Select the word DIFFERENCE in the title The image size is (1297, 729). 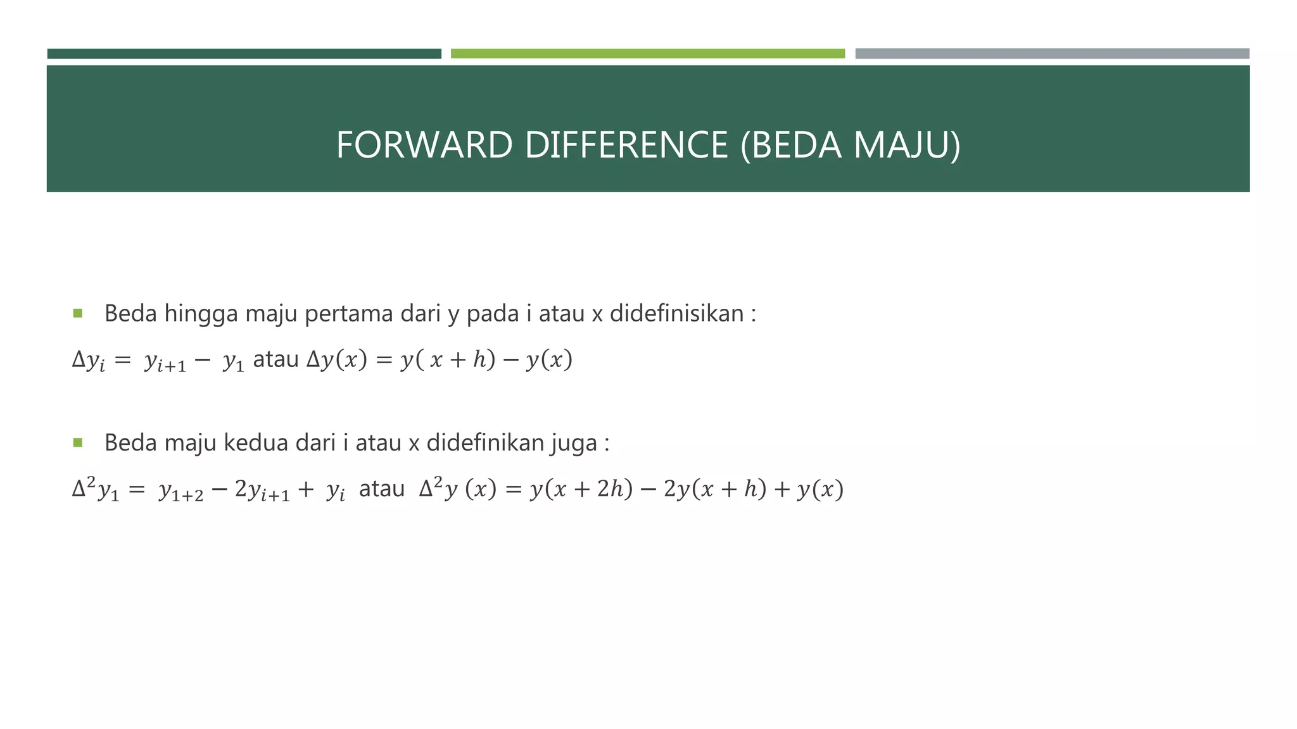(626, 145)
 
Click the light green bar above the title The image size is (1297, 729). (647, 54)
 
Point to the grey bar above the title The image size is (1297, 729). (1052, 54)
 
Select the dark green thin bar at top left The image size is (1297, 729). (244, 54)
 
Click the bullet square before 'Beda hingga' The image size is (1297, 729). (78, 313)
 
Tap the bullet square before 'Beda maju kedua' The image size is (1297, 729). (78, 442)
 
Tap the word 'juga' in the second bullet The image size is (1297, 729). (574, 444)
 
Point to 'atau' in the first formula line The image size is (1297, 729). (275, 359)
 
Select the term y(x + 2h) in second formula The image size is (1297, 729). (581, 489)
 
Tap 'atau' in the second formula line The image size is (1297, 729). (382, 489)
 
